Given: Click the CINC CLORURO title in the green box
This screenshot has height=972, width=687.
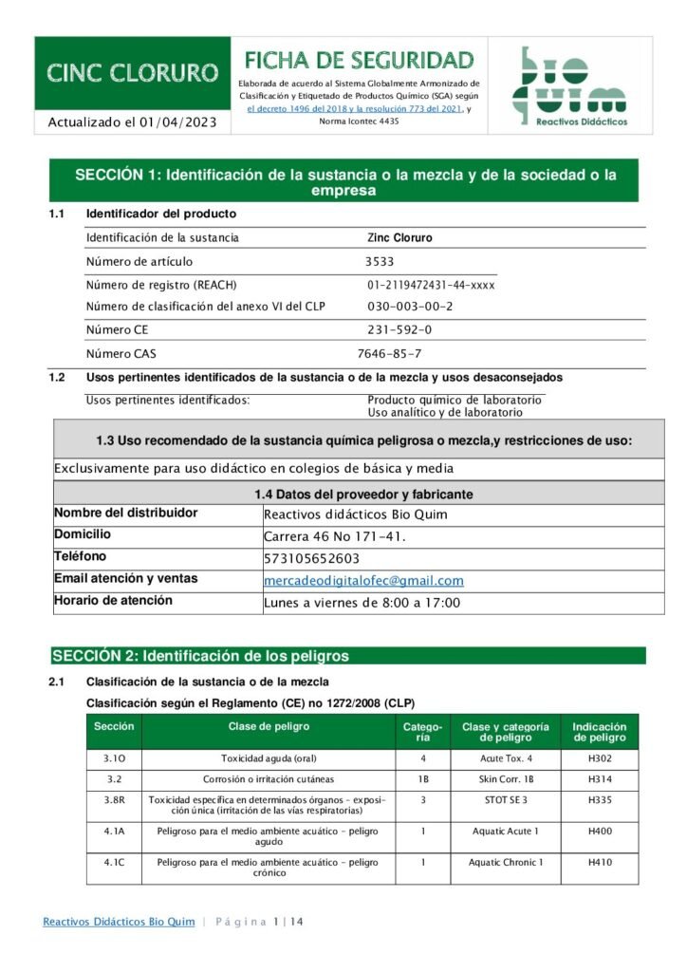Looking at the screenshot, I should (133, 73).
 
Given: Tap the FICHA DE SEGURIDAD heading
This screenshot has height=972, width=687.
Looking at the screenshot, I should (360, 61).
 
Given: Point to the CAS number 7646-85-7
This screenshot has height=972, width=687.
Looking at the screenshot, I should (389, 354).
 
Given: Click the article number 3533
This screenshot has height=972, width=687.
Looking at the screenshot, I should (380, 262).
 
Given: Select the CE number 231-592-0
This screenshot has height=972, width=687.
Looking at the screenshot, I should (399, 330).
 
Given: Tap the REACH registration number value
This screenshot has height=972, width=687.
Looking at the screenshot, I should (431, 285).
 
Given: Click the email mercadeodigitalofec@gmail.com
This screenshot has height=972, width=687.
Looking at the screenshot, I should (363, 581).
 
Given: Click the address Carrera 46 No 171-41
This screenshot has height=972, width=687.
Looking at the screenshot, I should (334, 536).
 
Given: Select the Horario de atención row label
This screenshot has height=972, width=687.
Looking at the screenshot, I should (113, 601).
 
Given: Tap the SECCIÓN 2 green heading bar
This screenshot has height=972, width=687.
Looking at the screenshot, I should (348, 656).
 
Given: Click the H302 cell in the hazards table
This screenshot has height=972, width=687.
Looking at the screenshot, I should (600, 758).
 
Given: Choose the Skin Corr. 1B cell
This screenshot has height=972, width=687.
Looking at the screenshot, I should (505, 779).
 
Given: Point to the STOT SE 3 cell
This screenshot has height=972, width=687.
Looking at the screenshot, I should (505, 800).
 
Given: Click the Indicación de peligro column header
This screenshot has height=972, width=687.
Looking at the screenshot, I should (600, 732).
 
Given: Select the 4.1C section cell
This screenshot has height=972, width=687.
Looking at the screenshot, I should (114, 863).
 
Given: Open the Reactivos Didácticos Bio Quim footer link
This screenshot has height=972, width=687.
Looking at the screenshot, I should (119, 922).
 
